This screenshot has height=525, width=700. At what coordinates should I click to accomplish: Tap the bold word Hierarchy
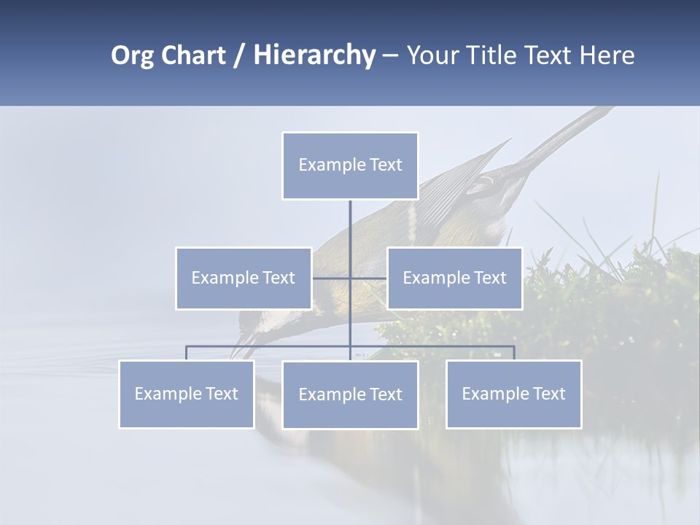[314, 55]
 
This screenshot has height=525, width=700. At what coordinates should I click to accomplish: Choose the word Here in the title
[606, 55]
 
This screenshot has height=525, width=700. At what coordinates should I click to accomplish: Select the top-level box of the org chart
[350, 166]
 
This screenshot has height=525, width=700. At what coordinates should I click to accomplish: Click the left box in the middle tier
[244, 278]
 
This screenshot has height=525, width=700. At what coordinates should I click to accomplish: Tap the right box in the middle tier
[455, 278]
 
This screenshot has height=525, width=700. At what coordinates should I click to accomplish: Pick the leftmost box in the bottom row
[187, 394]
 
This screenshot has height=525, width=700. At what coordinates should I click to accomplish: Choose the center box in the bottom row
[350, 394]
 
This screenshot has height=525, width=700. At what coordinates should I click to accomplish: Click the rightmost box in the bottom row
[514, 394]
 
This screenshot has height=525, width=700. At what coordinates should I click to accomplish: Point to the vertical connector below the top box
[350, 233]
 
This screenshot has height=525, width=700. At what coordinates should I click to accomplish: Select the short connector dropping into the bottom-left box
[187, 353]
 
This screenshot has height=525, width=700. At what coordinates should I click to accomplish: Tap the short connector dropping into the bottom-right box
[514, 353]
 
